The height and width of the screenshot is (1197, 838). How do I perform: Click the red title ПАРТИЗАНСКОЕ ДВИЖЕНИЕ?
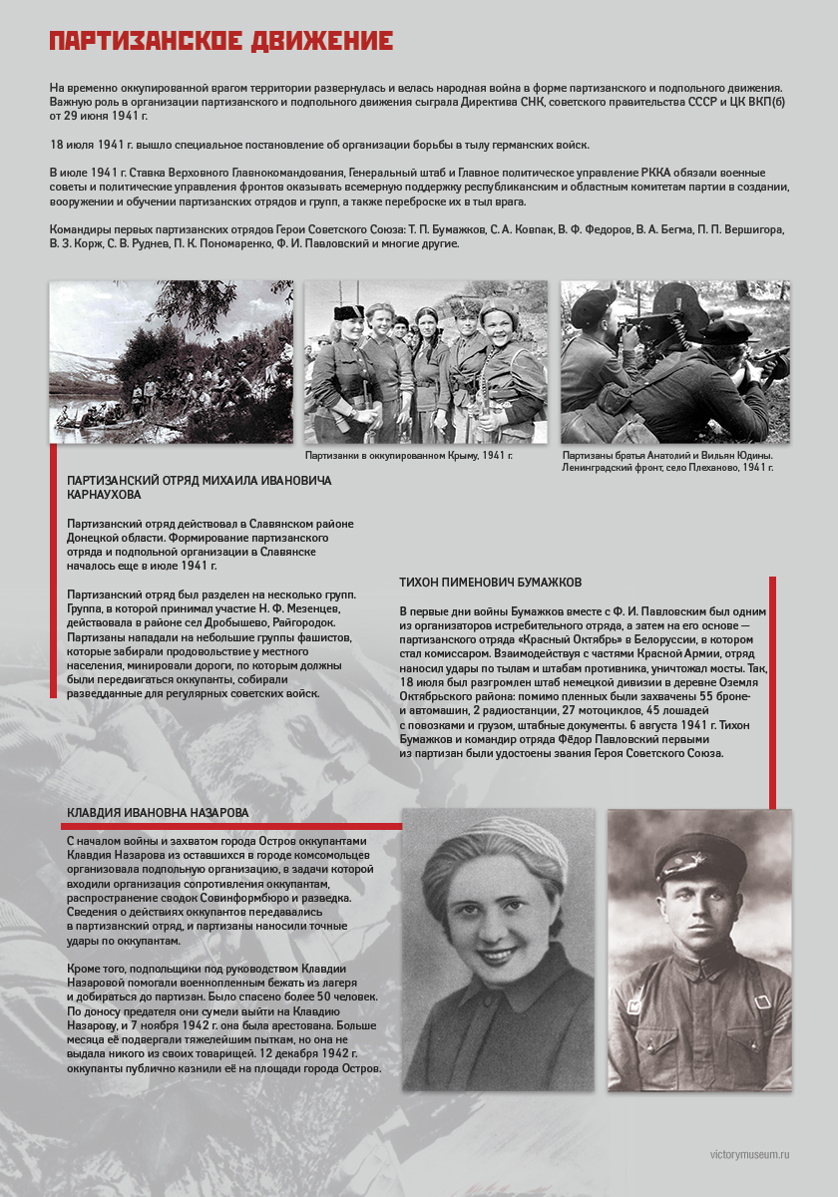coord(220,41)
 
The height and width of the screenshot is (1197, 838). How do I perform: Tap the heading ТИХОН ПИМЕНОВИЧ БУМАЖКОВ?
coord(490,583)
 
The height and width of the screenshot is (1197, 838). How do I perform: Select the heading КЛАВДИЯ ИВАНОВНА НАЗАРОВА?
coord(158,813)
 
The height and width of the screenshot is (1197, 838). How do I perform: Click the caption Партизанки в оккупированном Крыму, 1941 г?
coord(408,455)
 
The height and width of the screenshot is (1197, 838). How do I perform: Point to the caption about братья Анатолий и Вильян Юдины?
coord(667,461)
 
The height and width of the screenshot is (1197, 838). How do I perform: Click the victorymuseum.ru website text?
coord(749,1154)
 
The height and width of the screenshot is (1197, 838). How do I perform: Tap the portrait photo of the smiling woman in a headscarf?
coord(497,948)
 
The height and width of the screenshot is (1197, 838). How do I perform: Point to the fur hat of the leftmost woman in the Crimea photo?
coord(347,312)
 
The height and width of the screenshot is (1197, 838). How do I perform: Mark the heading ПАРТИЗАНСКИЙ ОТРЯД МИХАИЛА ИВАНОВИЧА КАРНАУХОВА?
coord(200,487)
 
